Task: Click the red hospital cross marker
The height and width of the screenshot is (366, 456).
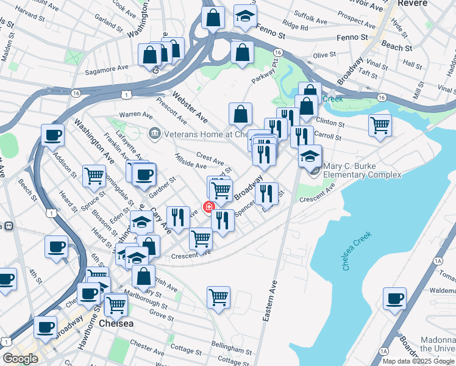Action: [209, 207]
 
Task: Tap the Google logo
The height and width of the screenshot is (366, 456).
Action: [20, 359]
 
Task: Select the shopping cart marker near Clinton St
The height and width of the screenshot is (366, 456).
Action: [380, 125]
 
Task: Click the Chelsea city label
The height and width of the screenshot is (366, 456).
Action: [115, 323]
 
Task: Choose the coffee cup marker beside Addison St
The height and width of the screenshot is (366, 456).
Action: [53, 135]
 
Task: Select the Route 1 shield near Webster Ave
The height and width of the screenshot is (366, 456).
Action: [126, 95]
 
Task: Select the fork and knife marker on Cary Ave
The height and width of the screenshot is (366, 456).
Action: [176, 217]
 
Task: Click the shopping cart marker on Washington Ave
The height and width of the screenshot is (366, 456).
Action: [94, 176]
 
